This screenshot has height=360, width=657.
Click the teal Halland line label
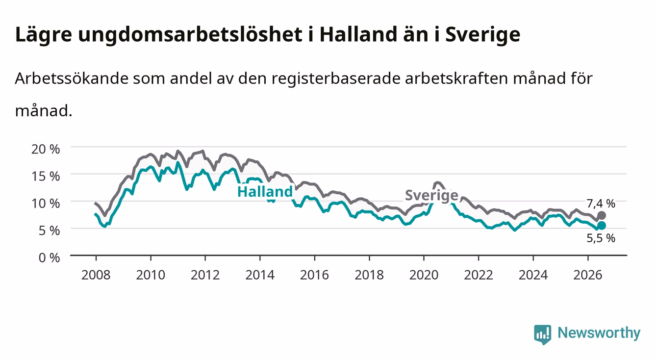265,192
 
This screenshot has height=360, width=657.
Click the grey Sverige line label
431,195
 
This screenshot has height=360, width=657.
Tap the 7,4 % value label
601,204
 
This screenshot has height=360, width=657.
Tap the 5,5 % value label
601,238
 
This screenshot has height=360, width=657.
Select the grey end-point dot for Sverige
601,215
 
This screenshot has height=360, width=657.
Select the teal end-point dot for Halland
601,225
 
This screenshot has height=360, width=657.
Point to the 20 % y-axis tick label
46,149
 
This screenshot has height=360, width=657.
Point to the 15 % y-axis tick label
46,177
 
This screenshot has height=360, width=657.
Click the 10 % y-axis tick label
46,204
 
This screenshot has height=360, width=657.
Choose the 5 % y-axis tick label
49,231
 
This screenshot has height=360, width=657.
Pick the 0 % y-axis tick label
49,257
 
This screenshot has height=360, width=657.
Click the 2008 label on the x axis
96,275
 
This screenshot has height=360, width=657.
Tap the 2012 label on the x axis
205,275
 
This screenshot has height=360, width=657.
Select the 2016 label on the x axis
314,275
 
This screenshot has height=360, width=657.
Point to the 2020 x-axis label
424,275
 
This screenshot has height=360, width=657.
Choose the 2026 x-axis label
588,275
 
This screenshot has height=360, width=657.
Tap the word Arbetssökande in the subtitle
72,78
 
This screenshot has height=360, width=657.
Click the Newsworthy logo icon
543,334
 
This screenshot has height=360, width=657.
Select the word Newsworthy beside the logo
599,333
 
